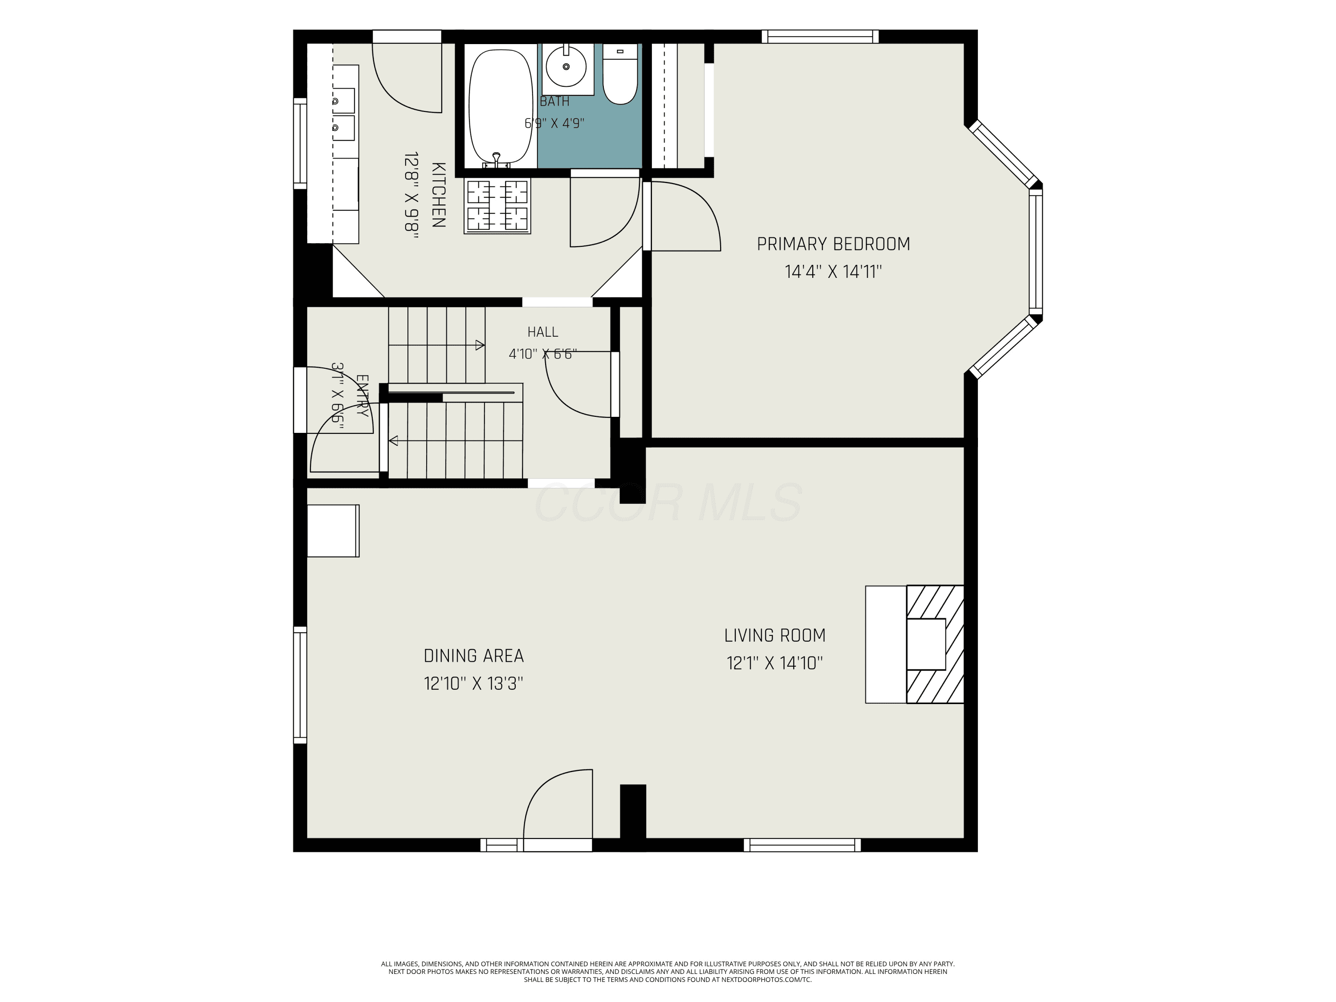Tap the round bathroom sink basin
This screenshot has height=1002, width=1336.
[x=566, y=66]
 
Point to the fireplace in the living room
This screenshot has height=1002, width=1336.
[x=934, y=644]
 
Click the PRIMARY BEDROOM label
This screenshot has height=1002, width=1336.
[x=834, y=244]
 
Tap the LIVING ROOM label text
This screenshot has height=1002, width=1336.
[x=775, y=635]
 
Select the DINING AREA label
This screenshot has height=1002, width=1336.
[x=473, y=656]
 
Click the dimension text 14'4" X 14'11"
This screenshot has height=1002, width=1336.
[x=834, y=272]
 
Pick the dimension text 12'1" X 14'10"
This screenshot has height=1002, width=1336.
[x=775, y=663]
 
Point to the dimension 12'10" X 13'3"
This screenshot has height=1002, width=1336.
[x=473, y=684]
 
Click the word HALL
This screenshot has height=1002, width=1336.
[x=542, y=332]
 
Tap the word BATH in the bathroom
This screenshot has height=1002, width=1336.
[x=554, y=102]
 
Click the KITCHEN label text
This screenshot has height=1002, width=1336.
[x=439, y=195]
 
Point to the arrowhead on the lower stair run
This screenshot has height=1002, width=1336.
[x=393, y=441]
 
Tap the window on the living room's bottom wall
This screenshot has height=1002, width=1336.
[x=802, y=845]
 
